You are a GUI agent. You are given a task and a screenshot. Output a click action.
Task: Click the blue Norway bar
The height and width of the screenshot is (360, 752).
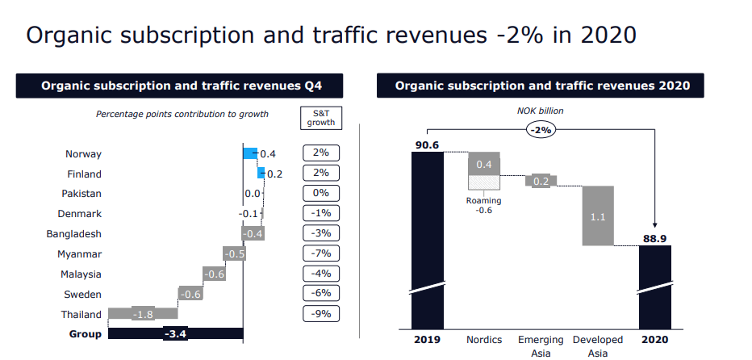click(250, 153)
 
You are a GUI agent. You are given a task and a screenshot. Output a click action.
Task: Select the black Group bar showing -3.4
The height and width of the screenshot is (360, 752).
click(175, 333)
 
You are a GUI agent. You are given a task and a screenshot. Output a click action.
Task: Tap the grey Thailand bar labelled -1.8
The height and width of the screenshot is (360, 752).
click(143, 314)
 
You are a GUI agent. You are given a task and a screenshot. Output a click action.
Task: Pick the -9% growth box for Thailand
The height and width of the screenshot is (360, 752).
click(321, 314)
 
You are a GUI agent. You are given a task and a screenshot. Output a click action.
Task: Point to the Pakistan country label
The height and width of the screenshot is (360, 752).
click(81, 194)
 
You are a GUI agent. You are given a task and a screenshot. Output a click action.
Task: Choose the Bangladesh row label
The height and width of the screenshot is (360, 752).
click(74, 234)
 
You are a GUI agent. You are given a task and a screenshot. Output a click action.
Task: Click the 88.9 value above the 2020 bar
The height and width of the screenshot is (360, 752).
click(654, 237)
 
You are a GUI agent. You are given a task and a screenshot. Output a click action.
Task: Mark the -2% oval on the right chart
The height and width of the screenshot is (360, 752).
click(541, 129)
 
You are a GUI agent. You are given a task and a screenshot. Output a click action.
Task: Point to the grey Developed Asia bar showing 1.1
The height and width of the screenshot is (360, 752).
click(598, 216)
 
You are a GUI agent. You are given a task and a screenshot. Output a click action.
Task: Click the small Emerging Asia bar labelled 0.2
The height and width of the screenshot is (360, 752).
click(541, 181)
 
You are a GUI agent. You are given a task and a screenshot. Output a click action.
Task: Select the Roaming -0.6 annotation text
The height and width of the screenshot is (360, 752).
click(483, 206)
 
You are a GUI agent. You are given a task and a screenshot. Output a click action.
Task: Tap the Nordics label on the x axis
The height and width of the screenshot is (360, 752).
click(483, 340)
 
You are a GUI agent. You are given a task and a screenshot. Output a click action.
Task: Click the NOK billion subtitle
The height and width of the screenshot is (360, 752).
click(541, 111)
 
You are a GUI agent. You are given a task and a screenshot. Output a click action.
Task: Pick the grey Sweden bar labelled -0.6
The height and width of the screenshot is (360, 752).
click(190, 294)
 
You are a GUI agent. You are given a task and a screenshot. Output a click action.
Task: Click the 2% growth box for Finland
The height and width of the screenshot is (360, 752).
click(321, 174)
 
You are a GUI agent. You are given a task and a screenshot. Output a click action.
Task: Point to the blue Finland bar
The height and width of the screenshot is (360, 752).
click(261, 173)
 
